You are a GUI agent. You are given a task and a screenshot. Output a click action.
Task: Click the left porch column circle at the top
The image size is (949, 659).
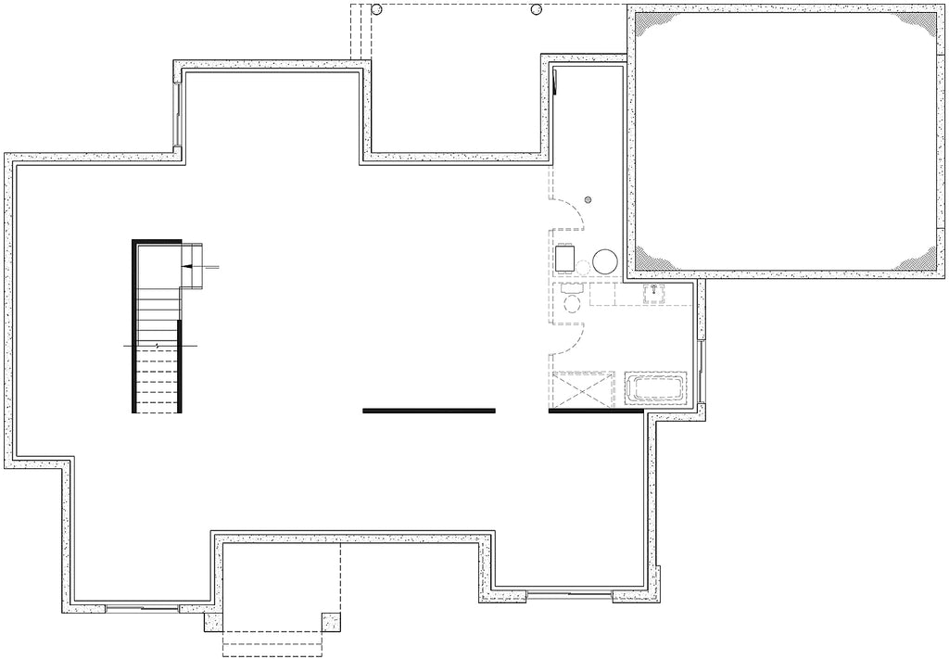click(x=376, y=9)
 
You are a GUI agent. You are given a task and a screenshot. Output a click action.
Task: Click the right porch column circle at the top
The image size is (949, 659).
click(x=536, y=10)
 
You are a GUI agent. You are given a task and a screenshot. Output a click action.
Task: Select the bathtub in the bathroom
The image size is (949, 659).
click(x=654, y=389)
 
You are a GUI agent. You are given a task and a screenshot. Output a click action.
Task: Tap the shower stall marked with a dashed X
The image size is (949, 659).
click(x=582, y=389)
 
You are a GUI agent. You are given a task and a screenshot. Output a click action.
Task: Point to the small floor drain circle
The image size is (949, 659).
click(x=588, y=199)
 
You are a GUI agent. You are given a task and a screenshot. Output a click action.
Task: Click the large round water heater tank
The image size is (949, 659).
click(x=605, y=261)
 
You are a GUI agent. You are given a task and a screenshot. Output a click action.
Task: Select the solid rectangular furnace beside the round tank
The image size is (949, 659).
click(x=565, y=256)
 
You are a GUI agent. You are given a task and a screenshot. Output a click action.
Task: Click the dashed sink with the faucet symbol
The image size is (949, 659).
click(x=654, y=294)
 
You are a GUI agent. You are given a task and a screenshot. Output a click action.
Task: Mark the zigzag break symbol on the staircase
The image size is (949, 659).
click(x=157, y=346)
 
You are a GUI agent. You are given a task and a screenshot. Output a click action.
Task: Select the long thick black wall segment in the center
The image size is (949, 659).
click(x=428, y=411)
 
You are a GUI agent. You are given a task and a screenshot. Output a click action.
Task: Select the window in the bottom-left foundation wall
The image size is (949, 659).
click(x=141, y=608)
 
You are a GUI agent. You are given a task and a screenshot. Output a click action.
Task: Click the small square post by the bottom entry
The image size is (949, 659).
click(x=331, y=622)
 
